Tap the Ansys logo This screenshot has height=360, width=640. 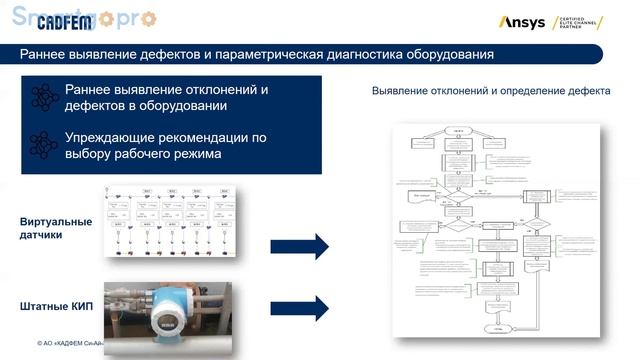click(521, 22)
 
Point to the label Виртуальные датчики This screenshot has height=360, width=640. click(55, 228)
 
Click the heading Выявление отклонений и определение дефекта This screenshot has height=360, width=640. click(491, 91)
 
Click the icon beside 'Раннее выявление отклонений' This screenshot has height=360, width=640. click(43, 97)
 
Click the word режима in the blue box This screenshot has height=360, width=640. click(193, 154)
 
